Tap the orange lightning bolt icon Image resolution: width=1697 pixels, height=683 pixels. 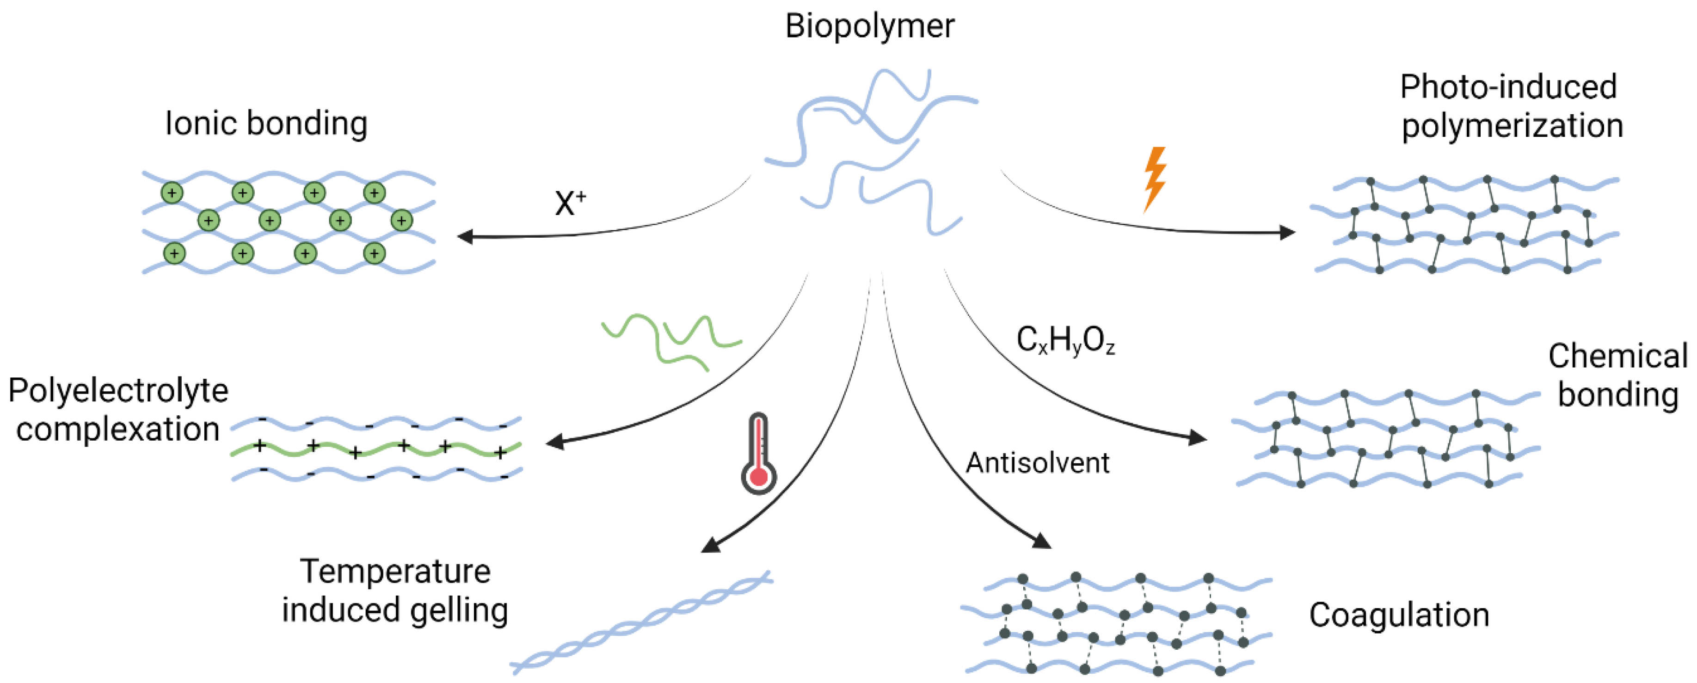pos(1154,178)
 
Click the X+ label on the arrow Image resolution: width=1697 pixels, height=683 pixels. pos(569,203)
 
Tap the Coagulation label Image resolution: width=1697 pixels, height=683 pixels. pos(1399,615)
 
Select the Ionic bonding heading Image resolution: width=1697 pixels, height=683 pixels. pos(266,124)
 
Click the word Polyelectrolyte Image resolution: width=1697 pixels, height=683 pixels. pos(118,391)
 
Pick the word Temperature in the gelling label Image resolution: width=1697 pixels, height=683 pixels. pos(395,571)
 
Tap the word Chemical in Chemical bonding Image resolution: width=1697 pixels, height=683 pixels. pos(1617,357)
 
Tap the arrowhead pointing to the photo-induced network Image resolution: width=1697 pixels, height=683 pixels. pos(1286,232)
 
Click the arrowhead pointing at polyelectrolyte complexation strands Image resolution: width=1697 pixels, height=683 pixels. pos(555,442)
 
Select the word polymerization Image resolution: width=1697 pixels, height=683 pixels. pos(1512,126)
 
